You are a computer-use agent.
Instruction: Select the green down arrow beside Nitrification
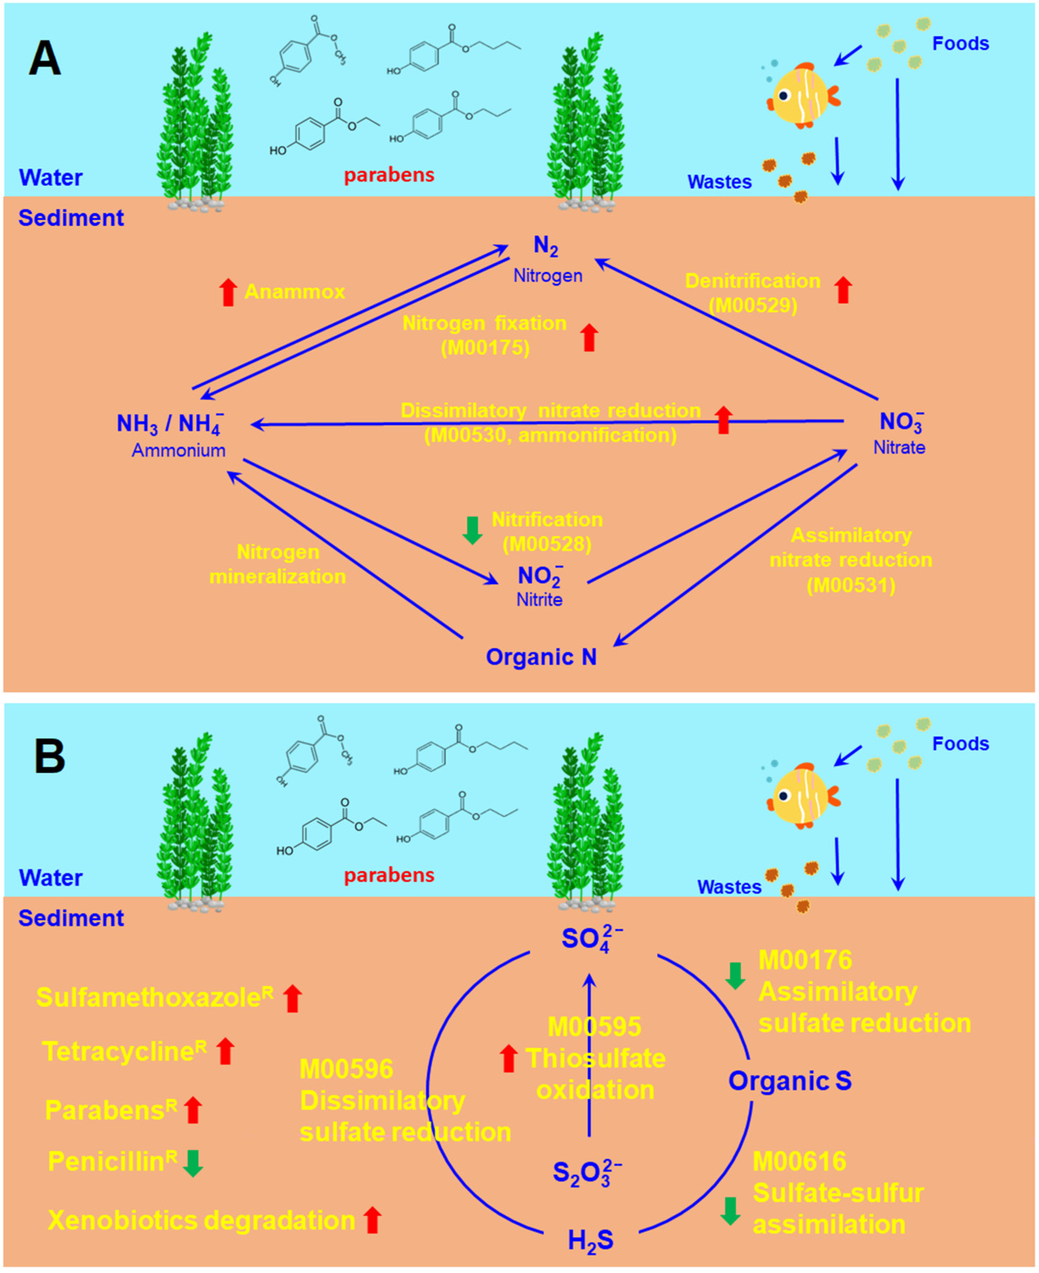[473, 530]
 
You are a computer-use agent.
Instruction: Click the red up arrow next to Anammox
[227, 292]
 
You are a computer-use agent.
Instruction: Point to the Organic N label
[541, 657]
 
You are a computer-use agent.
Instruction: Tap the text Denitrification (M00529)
[753, 292]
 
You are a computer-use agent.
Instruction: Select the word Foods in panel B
[960, 744]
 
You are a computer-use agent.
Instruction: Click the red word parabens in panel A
[389, 175]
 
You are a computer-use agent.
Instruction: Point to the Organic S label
[789, 1081]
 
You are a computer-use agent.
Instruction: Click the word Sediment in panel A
[71, 218]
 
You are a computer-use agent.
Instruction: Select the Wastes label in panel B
[729, 887]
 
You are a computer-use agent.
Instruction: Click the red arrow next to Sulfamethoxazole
[293, 999]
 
